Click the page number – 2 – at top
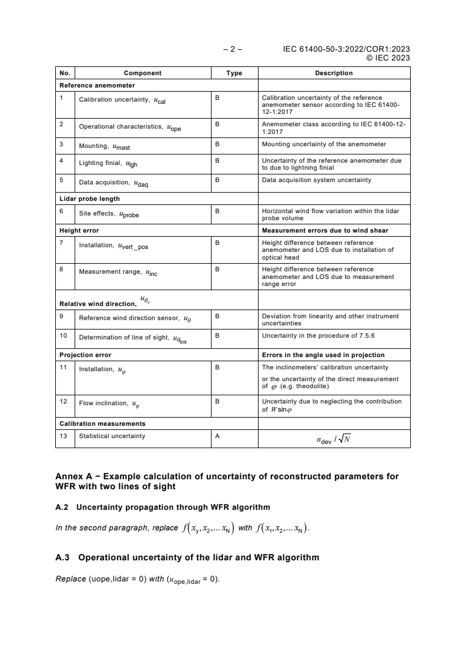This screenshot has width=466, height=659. pos(233,49)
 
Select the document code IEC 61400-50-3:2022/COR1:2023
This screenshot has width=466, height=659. pos(347,49)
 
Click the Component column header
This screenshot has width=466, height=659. pos(142,73)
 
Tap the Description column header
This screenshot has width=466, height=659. pos(334,73)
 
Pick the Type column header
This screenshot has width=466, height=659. pos(234,73)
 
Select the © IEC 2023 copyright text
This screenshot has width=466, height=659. pos(388,58)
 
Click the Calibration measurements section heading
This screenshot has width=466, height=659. pos(102,423)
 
